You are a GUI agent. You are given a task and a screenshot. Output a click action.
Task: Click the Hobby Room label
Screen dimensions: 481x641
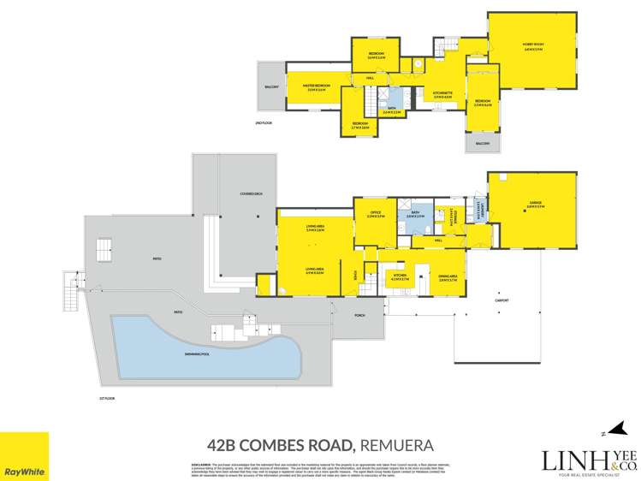(x=533, y=45)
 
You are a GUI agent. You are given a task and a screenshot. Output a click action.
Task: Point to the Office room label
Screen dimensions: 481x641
(x=375, y=214)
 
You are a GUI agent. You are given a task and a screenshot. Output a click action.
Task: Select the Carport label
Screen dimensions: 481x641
(x=502, y=300)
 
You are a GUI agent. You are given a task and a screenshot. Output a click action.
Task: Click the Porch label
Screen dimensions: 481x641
(x=360, y=315)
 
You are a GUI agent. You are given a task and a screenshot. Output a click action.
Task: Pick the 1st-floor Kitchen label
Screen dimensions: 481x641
(x=399, y=277)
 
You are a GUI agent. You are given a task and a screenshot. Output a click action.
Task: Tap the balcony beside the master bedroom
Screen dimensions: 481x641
(x=271, y=86)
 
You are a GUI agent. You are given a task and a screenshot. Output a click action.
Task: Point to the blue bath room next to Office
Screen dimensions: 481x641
(x=417, y=214)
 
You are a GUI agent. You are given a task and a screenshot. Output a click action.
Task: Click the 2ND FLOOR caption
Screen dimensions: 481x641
(x=264, y=124)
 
